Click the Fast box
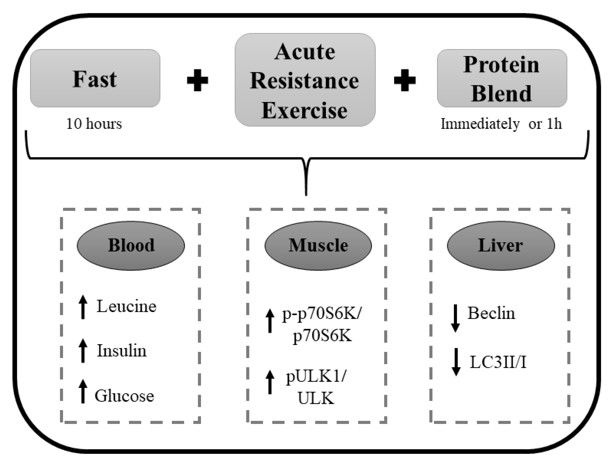(x=95, y=78)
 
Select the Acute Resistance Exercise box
(x=305, y=80)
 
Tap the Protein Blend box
(x=502, y=78)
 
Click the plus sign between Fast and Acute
(x=197, y=80)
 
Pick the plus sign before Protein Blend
(x=405, y=80)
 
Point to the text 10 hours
(x=94, y=124)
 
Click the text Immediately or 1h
(x=501, y=124)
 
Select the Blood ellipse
(x=131, y=245)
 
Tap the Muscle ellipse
(x=318, y=245)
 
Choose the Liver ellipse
(x=501, y=245)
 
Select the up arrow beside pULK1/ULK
(x=270, y=382)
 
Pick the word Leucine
(x=127, y=306)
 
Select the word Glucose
(x=124, y=396)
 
